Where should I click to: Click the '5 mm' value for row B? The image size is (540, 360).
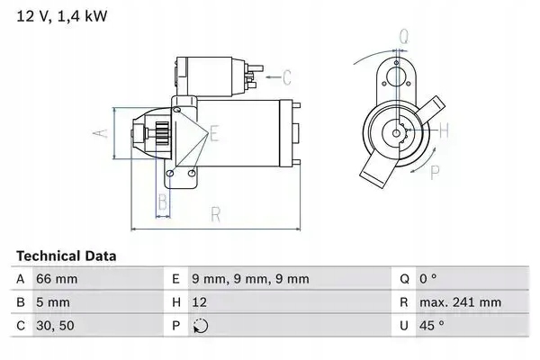point(50,302)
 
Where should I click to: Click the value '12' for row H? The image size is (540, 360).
point(199,302)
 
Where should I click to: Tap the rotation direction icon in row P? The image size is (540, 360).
point(200,326)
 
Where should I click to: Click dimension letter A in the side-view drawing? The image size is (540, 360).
point(102,133)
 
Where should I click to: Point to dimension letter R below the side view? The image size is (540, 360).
point(216,214)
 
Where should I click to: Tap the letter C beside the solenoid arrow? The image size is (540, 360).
point(288,76)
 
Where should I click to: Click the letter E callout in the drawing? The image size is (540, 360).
point(214,134)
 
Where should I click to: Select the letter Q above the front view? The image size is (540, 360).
point(404,38)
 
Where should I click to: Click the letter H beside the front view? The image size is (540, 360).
point(444,130)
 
